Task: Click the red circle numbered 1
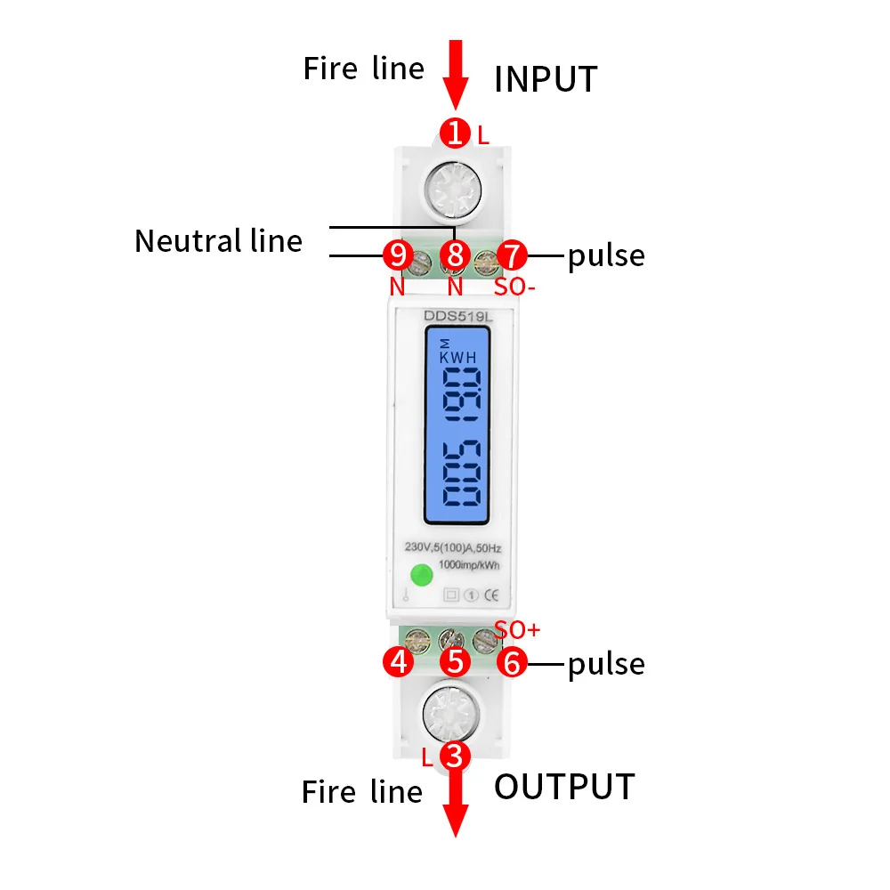(x=456, y=133)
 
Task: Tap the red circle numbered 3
(x=455, y=756)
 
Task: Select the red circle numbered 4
(x=397, y=661)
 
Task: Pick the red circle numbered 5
(x=456, y=661)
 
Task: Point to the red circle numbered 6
(x=512, y=661)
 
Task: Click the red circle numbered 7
(x=513, y=255)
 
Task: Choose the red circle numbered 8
(x=456, y=255)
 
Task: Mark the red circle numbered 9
(x=397, y=255)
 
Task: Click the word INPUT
(x=546, y=79)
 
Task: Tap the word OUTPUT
(x=564, y=787)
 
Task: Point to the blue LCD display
(x=456, y=424)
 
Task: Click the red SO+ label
(x=517, y=630)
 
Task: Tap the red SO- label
(x=514, y=287)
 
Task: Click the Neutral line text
(x=218, y=241)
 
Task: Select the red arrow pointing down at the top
(x=456, y=73)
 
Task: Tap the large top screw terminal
(x=455, y=190)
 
